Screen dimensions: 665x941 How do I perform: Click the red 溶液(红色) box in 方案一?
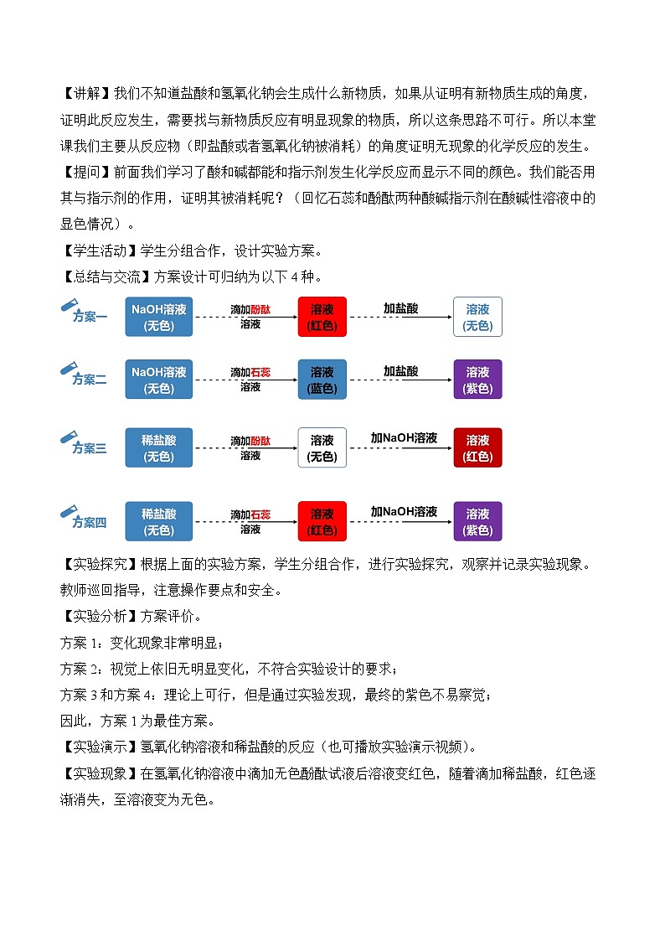[322, 317]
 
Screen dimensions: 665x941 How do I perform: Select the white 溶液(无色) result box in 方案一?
[477, 317]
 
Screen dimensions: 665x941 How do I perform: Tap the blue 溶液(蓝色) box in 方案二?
[322, 380]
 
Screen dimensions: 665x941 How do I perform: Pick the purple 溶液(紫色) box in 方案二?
[477, 380]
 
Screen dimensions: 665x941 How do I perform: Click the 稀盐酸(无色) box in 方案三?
[158, 448]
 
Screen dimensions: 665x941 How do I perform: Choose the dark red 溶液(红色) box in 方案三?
[477, 448]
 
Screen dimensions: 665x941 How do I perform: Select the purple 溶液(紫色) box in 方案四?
[477, 521]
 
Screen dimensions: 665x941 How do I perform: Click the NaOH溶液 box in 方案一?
[158, 317]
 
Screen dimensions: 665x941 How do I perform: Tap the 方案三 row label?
[90, 449]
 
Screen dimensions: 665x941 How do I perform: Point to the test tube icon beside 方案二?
[69, 369]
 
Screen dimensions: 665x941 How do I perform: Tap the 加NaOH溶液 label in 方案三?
[404, 438]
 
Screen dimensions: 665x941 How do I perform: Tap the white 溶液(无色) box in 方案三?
[322, 448]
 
